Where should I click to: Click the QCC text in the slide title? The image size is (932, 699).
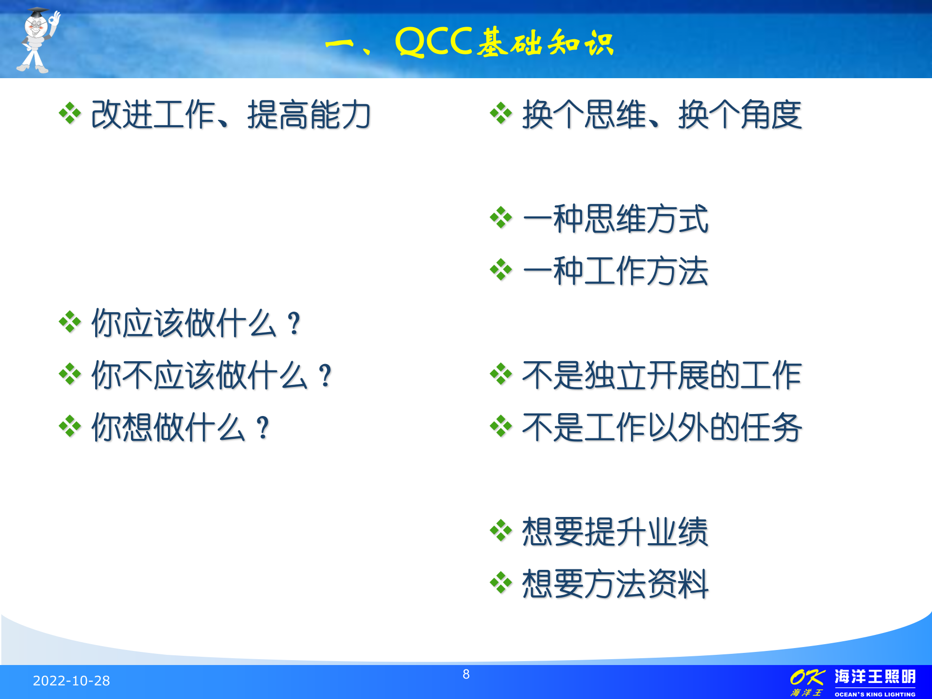tap(433, 43)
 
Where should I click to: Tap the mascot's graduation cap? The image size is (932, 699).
tap(37, 12)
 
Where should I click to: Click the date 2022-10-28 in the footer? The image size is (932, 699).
tap(71, 681)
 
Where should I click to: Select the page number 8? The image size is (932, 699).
tap(466, 674)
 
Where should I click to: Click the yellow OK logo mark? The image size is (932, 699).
tap(806, 677)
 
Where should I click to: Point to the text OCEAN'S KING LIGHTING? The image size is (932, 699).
tap(875, 694)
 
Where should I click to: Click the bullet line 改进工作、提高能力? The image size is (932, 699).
tap(231, 115)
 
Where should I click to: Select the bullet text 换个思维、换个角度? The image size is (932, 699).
tap(662, 115)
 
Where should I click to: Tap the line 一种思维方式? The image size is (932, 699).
tap(615, 219)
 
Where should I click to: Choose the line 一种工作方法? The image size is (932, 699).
tap(615, 271)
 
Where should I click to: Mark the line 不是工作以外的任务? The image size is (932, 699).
tap(662, 428)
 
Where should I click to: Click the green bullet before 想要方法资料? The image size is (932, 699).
tap(501, 583)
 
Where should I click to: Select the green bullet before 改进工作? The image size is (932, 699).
tap(70, 114)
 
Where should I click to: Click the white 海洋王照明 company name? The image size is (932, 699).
tap(875, 677)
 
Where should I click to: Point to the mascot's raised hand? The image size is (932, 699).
tap(55, 19)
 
